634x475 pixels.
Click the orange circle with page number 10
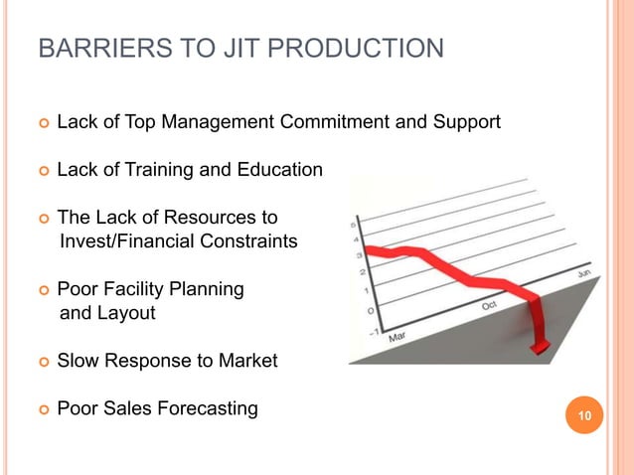(x=584, y=415)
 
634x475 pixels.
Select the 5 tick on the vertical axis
(x=355, y=227)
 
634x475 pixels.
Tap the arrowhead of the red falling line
(x=542, y=345)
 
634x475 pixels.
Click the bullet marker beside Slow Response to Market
(x=43, y=362)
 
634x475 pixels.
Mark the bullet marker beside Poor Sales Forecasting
(x=43, y=408)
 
